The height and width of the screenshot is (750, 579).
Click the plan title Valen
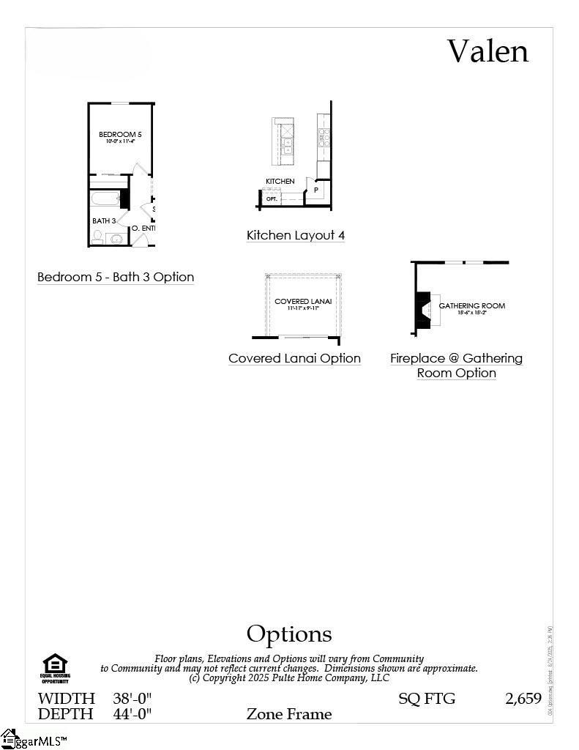click(x=488, y=51)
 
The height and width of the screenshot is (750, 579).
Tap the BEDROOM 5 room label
click(x=120, y=135)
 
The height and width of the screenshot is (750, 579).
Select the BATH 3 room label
click(x=104, y=220)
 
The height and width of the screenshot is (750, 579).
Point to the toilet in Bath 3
click(x=97, y=237)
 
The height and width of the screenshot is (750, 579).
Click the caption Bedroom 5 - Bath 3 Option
click(x=116, y=277)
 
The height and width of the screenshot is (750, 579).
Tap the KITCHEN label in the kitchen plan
click(x=280, y=181)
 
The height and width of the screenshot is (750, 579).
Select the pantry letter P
click(x=316, y=190)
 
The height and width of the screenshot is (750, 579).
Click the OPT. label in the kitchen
click(x=272, y=198)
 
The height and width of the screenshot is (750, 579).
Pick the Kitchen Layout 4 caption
click(x=296, y=235)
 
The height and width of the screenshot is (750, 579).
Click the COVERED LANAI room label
click(x=303, y=301)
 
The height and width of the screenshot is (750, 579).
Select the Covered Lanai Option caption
click(x=294, y=358)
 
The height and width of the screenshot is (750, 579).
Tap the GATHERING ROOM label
click(x=471, y=305)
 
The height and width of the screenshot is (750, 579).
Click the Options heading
click(x=289, y=634)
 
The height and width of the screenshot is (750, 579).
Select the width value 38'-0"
click(x=132, y=698)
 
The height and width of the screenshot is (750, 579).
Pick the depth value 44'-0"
click(x=132, y=713)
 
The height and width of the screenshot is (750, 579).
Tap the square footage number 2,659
click(x=523, y=698)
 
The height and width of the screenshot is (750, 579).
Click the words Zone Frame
click(x=289, y=713)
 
